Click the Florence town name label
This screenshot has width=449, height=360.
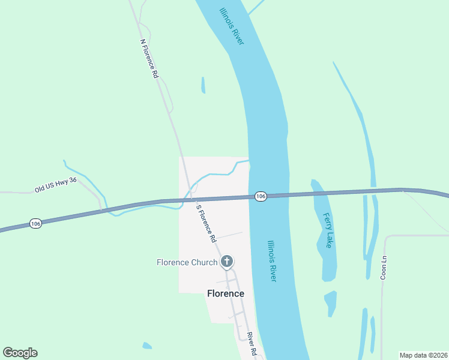pyautogui.click(x=226, y=293)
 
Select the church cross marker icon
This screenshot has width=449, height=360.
pyautogui.click(x=227, y=261)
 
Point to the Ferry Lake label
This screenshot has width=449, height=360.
pyautogui.click(x=328, y=230)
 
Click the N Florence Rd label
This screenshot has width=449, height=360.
pyautogui.click(x=149, y=59)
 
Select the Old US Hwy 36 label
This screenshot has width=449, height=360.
pyautogui.click(x=56, y=185)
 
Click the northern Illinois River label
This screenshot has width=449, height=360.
pyautogui.click(x=232, y=26)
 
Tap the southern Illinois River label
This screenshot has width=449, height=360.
pyautogui.click(x=272, y=261)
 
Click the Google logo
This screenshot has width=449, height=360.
pyautogui.click(x=20, y=353)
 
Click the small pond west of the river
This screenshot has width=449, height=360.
pyautogui.click(x=203, y=85)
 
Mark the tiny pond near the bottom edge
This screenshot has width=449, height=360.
pyautogui.click(x=147, y=346)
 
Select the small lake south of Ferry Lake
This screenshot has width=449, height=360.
pyautogui.click(x=330, y=302)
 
